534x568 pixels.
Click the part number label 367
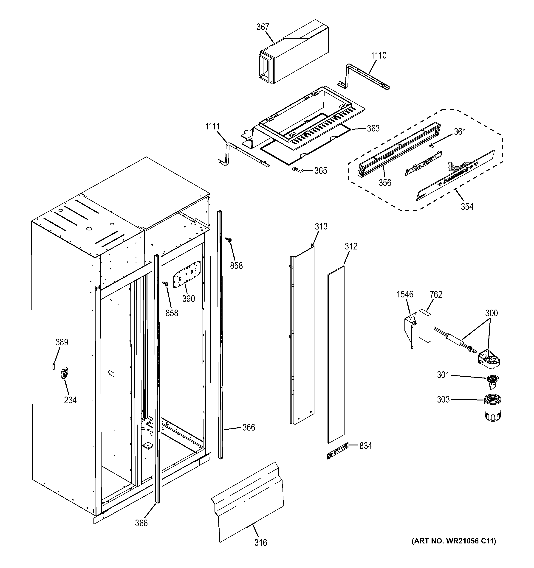[x=263, y=27]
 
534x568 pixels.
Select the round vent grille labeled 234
[x=65, y=372]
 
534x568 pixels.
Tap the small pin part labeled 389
[x=54, y=367]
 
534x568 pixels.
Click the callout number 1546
[x=405, y=294]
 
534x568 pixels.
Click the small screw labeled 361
[x=432, y=146]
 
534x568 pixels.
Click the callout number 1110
[x=379, y=56]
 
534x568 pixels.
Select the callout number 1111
[x=212, y=126]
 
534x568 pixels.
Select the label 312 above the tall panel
[x=351, y=246]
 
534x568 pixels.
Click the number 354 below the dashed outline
[x=467, y=206]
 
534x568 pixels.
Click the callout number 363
[x=373, y=129]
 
